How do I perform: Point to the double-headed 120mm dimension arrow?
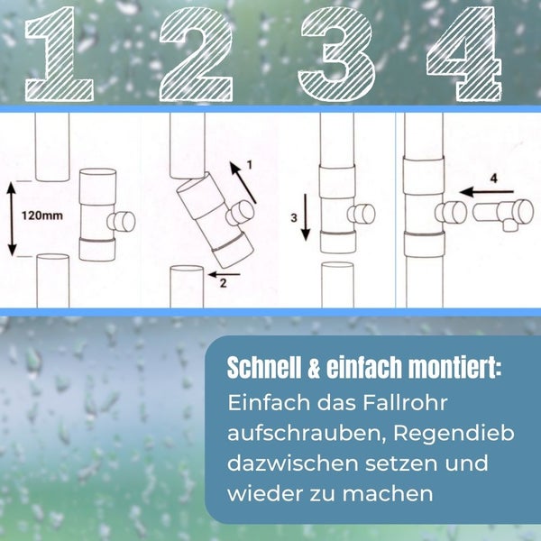pos(13,219)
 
